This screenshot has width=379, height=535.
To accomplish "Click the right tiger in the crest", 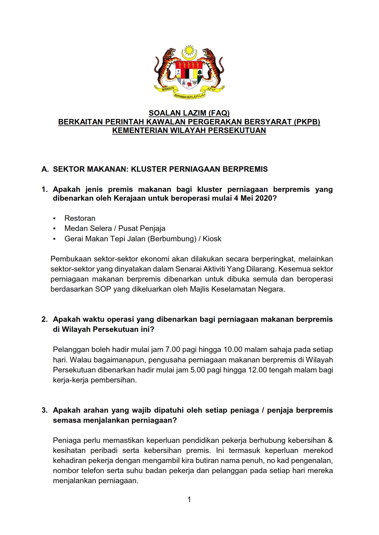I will pos(213,67).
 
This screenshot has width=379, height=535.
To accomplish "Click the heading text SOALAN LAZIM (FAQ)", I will pos(189,113).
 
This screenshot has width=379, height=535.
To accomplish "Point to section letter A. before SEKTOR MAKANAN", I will pos(45,169).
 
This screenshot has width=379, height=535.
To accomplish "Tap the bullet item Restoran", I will pos(80,218).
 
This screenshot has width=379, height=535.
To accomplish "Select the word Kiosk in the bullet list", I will pos(212,239).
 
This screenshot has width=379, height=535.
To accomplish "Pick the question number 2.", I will pos(45,319).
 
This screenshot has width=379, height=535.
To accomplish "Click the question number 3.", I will pos(45,410).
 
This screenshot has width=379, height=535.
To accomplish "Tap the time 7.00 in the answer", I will pos(172,350).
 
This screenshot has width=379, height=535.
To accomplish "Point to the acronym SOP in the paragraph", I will pos(103,289).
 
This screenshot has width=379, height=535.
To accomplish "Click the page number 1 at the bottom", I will pos(189,500).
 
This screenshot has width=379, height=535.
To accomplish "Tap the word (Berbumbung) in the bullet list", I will pos(172,239).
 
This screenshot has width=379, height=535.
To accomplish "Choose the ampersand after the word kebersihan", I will pos(330,440).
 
